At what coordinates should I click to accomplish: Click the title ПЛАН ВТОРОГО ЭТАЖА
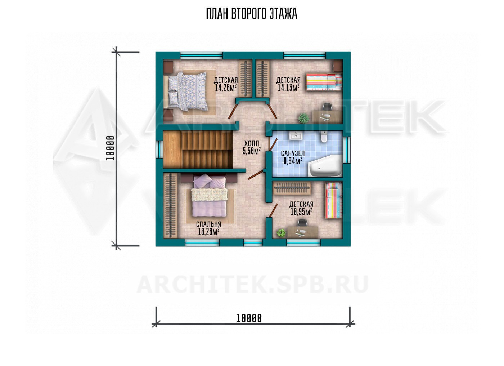coord(252,14)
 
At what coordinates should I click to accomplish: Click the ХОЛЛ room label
coord(252,143)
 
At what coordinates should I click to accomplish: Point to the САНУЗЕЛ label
coord(293,153)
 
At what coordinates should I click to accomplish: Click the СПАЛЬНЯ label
coord(208,224)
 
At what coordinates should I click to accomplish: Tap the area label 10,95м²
coord(301,212)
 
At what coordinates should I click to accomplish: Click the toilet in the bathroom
coord(324,137)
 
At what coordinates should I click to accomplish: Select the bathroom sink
coord(296,136)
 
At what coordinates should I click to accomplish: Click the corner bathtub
coord(325,166)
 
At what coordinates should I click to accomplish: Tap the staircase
coord(198,149)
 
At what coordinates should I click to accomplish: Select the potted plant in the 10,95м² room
coord(281,233)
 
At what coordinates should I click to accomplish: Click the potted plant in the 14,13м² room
coord(303,118)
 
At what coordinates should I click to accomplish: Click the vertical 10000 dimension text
coord(110,148)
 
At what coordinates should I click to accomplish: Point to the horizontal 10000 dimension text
coord(249,318)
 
